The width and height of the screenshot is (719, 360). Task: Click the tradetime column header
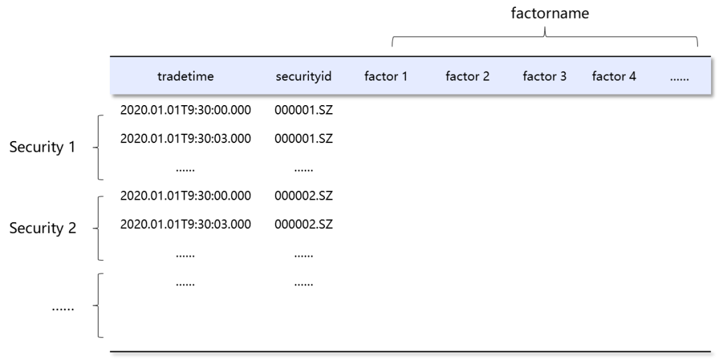pos(186,76)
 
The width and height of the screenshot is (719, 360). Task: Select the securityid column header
pos(304,76)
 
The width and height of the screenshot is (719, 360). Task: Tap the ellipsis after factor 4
pos(679,78)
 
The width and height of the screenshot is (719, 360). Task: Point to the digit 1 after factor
pos(404,76)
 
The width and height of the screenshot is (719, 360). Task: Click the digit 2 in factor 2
pos(486,76)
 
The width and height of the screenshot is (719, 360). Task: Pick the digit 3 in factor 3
pos(563,76)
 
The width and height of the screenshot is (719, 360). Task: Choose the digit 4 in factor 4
pos(632,76)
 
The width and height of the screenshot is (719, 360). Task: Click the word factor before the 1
pos(380,76)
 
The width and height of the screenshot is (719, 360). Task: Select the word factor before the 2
pos(461,76)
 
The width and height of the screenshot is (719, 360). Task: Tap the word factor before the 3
pos(539,76)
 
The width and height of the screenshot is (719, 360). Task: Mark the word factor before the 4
pos(608,76)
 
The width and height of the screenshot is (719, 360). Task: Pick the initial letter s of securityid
pos(279,77)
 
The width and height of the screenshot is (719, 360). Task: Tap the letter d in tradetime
pos(176,76)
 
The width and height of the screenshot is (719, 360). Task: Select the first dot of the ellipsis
pos(671,80)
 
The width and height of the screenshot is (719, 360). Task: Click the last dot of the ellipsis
pos(688,80)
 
